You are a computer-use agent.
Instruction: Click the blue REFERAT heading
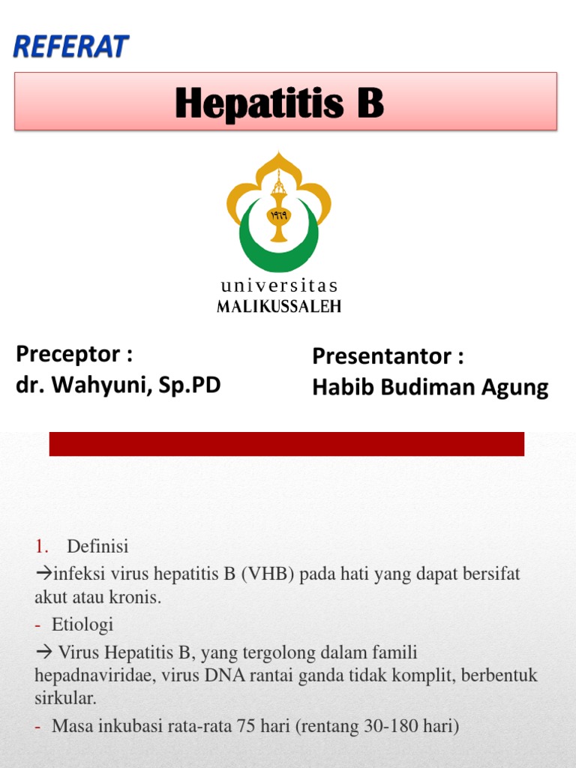[x=71, y=46]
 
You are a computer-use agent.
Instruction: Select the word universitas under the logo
[x=279, y=286]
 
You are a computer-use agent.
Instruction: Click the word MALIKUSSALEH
[x=279, y=306]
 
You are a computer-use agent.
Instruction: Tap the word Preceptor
[x=68, y=354]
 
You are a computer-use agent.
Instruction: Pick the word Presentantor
[x=381, y=356]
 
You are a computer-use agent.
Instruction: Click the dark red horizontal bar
[x=286, y=444]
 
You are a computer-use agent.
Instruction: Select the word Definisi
[x=97, y=546]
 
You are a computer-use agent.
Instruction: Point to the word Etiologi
[x=82, y=625]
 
